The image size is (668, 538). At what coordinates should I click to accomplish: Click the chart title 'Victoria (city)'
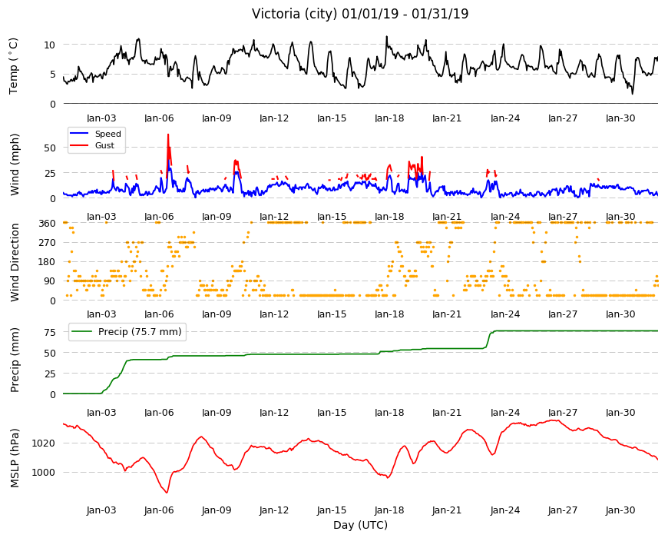tap(296, 14)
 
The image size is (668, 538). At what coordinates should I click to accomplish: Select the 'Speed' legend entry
tap(107, 134)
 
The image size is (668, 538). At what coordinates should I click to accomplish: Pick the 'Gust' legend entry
tap(104, 145)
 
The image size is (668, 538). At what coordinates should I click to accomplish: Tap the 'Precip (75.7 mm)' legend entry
tap(140, 332)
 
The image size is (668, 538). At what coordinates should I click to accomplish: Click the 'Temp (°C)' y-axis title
tap(14, 66)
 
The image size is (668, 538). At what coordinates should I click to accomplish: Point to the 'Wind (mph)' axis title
tap(15, 164)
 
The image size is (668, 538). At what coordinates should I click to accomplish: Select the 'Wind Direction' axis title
tap(15, 262)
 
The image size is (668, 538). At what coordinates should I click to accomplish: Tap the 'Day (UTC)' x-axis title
tap(360, 525)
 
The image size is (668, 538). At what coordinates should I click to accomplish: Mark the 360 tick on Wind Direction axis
tap(48, 223)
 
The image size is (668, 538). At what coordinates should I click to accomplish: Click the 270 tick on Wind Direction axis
tap(48, 243)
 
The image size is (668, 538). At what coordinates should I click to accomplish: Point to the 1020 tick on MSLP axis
tap(44, 443)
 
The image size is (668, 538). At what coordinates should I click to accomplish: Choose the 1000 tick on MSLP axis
tap(44, 473)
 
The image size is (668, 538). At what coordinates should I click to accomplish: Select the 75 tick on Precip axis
tap(50, 332)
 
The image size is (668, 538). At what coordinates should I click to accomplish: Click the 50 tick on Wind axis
tap(50, 148)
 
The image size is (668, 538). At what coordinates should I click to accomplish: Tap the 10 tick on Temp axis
tap(50, 45)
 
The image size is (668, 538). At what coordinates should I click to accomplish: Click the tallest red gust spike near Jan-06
tap(168, 134)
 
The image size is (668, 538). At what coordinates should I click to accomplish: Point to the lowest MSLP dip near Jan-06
tap(167, 493)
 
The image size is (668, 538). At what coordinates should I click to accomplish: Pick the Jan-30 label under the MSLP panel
tap(620, 510)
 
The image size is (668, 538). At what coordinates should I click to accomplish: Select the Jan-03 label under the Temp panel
tap(101, 118)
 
